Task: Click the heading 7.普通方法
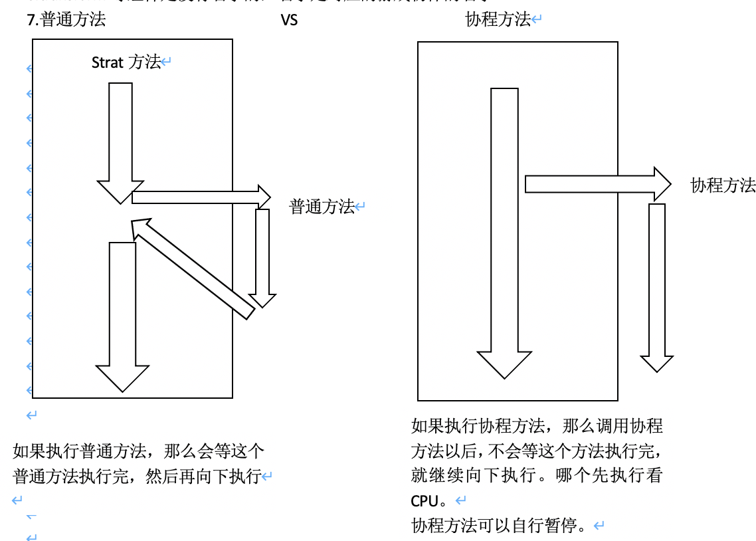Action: point(66,20)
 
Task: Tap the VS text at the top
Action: point(289,20)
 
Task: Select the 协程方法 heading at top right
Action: point(498,19)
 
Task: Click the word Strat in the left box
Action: point(107,62)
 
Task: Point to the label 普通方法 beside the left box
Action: point(322,207)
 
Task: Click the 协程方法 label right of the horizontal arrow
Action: point(723,185)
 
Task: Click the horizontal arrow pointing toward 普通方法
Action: point(199,197)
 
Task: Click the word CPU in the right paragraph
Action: point(425,501)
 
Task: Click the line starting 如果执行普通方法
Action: point(138,451)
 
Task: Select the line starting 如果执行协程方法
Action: point(537,425)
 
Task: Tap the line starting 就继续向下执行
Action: point(537,476)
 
